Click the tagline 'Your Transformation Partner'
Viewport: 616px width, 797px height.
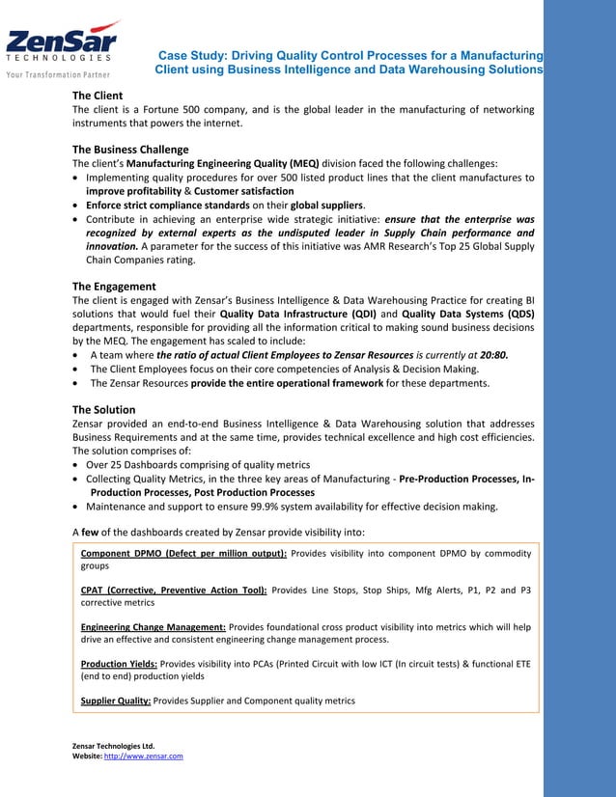click(59, 74)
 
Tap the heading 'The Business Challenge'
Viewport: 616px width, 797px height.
click(130, 150)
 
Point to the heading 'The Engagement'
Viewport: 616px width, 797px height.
click(114, 287)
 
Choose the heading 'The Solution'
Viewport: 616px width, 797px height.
click(103, 410)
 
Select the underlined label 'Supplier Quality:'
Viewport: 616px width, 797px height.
click(115, 701)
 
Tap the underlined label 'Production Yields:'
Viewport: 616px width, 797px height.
click(119, 664)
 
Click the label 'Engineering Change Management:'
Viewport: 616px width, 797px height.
click(154, 627)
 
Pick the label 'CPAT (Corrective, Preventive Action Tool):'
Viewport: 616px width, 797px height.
click(174, 590)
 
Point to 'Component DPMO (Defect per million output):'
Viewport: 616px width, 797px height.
click(183, 553)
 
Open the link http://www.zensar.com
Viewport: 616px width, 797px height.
click(143, 756)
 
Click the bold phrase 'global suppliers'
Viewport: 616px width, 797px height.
click(326, 206)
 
